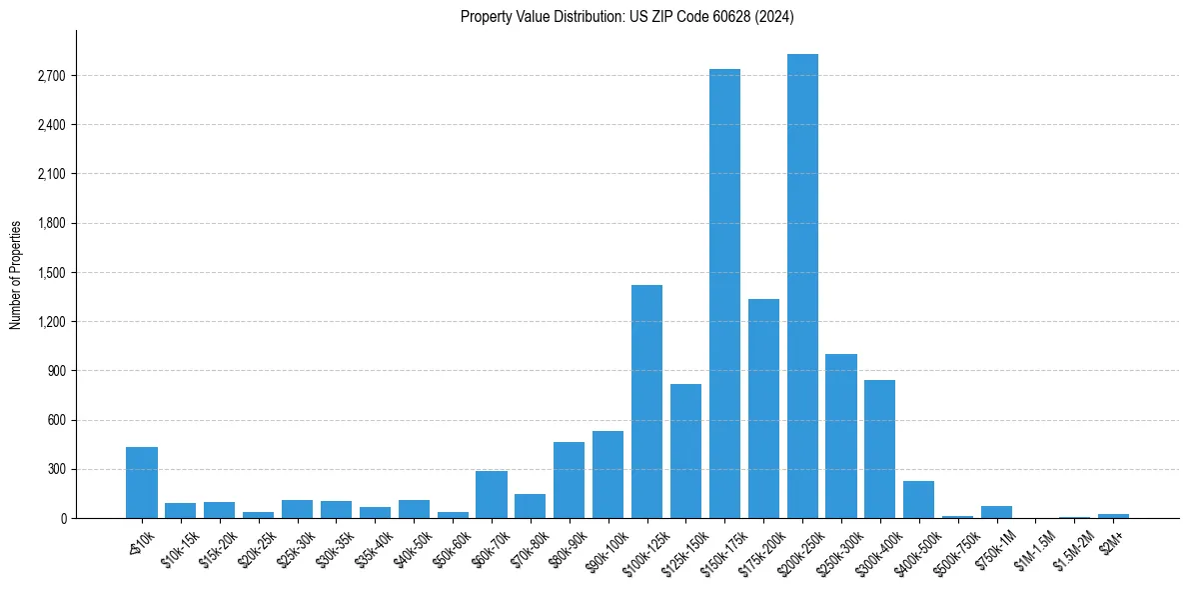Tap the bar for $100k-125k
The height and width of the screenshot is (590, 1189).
coord(646,401)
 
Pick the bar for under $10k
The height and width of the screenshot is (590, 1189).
coord(142,482)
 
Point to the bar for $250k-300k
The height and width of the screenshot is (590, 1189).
coord(841,436)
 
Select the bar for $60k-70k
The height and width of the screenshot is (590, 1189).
coord(492,494)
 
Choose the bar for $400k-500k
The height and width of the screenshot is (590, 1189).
coord(918,499)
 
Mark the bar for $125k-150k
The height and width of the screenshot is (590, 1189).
coord(685,451)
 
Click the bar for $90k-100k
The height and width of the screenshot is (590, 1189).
coord(607,474)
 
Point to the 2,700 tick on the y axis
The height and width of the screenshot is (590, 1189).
coord(51,76)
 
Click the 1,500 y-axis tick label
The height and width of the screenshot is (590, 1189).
coord(51,273)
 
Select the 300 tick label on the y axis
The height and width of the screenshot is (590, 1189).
coord(57,469)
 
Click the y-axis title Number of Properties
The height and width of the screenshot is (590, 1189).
coord(15,274)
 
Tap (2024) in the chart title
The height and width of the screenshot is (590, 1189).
coord(773,16)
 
